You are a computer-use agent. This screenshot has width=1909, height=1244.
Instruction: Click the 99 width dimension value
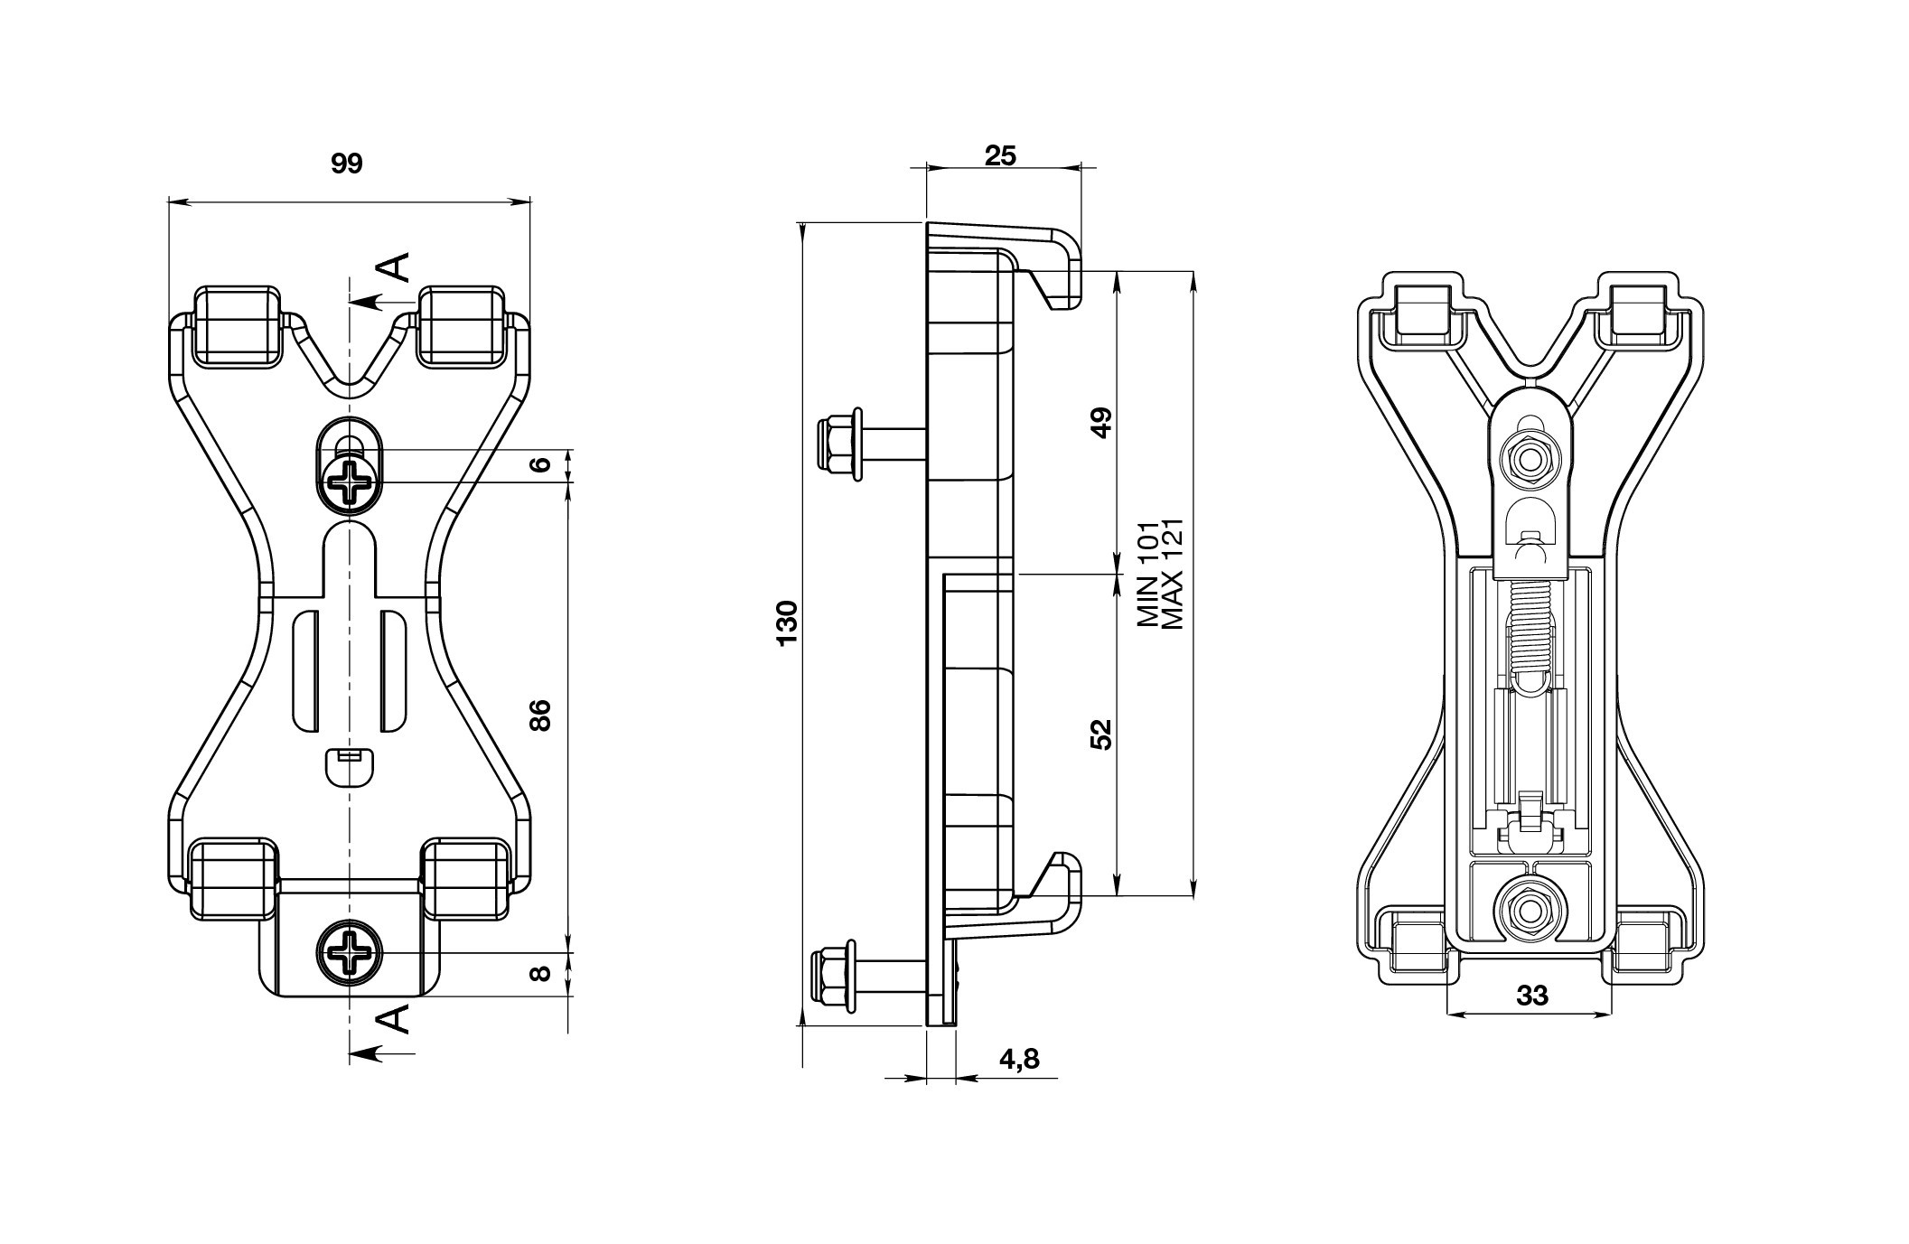pyautogui.click(x=347, y=164)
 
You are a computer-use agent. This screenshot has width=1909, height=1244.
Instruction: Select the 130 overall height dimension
pyautogui.click(x=787, y=622)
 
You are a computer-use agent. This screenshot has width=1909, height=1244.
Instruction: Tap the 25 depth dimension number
pyautogui.click(x=1000, y=156)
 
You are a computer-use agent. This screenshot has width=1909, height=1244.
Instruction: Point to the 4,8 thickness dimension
pyautogui.click(x=1019, y=1059)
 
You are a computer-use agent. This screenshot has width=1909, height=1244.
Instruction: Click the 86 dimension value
pyautogui.click(x=539, y=716)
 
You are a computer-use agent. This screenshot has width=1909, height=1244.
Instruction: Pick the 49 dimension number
pyautogui.click(x=1100, y=422)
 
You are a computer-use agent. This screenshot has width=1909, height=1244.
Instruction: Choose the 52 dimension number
pyautogui.click(x=1100, y=734)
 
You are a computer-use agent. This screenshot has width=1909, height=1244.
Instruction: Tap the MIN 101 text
pyautogui.click(x=1147, y=575)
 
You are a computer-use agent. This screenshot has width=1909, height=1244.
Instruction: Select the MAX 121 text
pyautogui.click(x=1174, y=575)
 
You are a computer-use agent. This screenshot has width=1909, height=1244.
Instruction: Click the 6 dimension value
pyautogui.click(x=540, y=464)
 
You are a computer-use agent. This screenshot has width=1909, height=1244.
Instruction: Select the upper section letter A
pyautogui.click(x=394, y=267)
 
